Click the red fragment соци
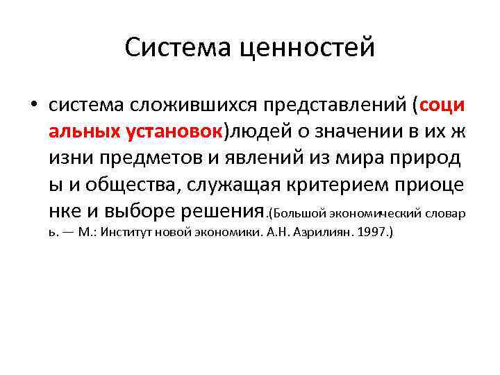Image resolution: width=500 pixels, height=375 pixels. (x=442, y=106)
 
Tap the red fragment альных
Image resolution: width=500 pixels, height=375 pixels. (x=84, y=131)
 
